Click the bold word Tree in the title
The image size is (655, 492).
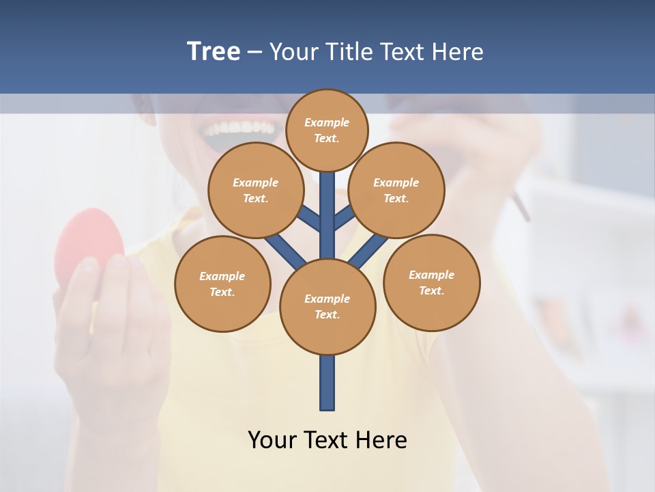coord(214,51)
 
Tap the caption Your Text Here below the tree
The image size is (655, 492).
coord(327,439)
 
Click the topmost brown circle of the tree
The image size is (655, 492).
coord(327,130)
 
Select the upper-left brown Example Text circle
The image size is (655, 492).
coord(255,190)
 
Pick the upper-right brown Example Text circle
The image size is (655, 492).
coord(396,190)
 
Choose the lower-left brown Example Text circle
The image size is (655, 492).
coord(222,284)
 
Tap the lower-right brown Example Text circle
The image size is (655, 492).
coord(432,282)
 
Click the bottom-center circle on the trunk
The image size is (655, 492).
coord(327,307)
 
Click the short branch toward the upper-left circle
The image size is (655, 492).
coord(310,218)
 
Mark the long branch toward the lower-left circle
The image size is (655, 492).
coord(285,251)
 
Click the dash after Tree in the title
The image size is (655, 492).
coord(255,51)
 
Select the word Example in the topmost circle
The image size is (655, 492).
coord(327,122)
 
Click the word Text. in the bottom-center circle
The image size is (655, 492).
coord(327,315)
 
